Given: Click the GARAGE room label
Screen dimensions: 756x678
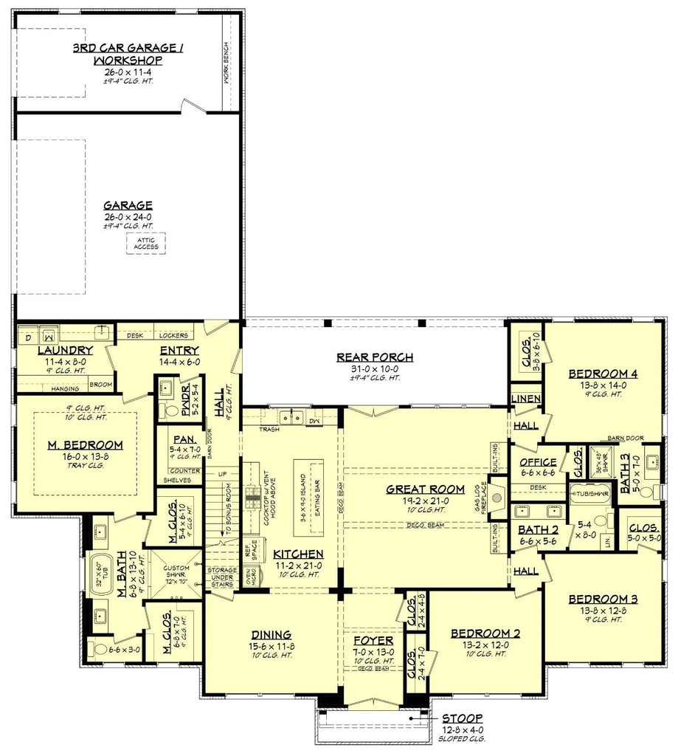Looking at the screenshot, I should click(x=128, y=205).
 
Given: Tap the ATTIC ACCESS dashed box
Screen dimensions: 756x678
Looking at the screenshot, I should click(x=146, y=244).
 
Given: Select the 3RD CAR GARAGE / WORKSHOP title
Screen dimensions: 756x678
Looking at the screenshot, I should click(x=128, y=54).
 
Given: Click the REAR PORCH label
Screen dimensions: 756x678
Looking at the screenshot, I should click(x=375, y=357).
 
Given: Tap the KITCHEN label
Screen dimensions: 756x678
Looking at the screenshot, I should click(x=298, y=553).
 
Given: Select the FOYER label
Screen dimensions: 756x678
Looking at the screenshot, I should click(x=373, y=640).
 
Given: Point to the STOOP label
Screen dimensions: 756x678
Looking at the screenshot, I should click(x=462, y=718).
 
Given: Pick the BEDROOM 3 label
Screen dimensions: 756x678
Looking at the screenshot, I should click(x=603, y=599).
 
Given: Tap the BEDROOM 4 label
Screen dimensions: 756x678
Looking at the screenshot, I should click(x=603, y=374).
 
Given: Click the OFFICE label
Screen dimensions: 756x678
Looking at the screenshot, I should click(x=538, y=462).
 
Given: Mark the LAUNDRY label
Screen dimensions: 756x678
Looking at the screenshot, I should click(x=65, y=350).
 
